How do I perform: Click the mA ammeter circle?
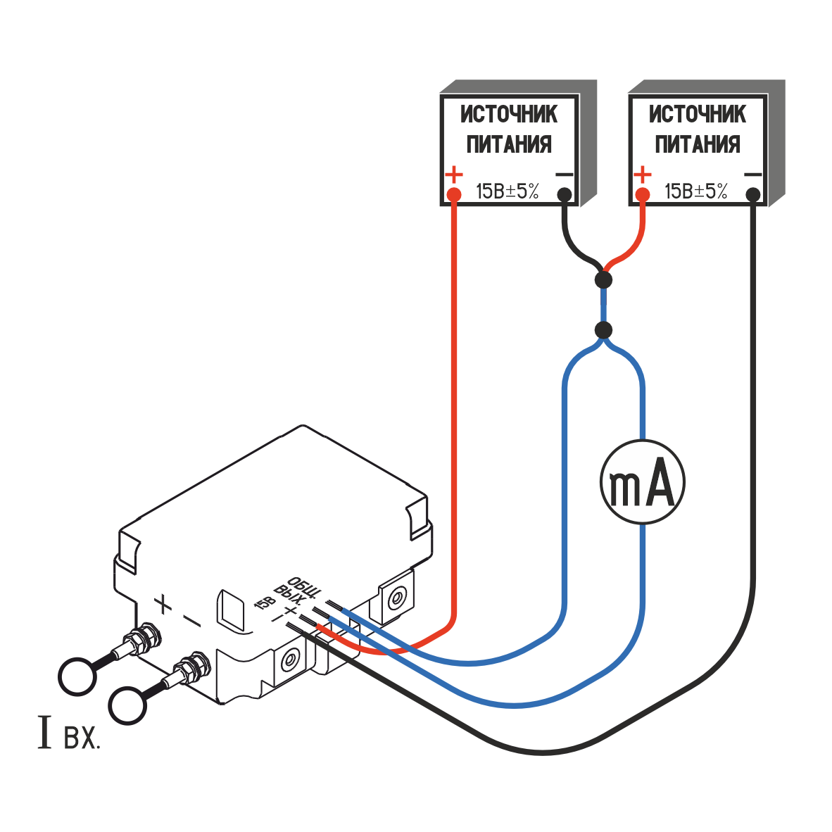(x=642, y=482)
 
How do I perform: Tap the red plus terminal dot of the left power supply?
(x=454, y=194)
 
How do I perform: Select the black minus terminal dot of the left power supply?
(x=564, y=194)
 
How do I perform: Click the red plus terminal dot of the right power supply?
(x=642, y=194)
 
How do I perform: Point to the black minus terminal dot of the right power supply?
(x=753, y=194)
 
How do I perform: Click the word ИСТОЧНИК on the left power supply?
(x=509, y=114)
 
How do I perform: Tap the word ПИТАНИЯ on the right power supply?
(x=698, y=144)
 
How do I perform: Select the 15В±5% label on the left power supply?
(x=507, y=191)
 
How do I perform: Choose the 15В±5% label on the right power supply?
(x=695, y=191)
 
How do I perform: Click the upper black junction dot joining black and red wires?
(x=603, y=280)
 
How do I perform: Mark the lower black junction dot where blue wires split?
(x=603, y=329)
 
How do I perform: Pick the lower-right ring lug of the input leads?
(x=128, y=705)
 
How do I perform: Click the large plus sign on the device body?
(x=163, y=603)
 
